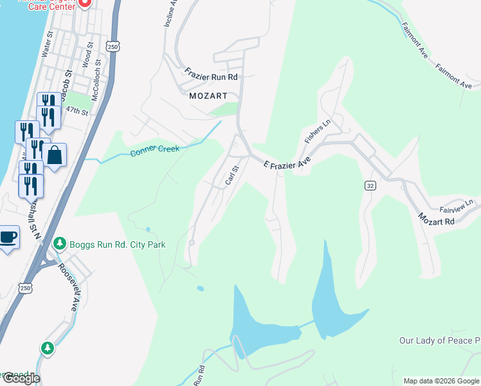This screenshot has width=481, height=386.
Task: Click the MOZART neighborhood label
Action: pyautogui.click(x=208, y=96)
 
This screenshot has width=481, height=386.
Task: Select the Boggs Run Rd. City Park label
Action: pyautogui.click(x=118, y=244)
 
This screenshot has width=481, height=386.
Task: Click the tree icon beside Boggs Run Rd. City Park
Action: pyautogui.click(x=60, y=244)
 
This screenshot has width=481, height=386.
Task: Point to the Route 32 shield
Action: pyautogui.click(x=370, y=185)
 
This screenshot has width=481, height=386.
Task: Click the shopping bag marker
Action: pyautogui.click(x=54, y=155)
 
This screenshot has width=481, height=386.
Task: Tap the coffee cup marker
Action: pyautogui.click(x=8, y=237)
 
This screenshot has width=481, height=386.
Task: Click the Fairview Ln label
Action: pyautogui.click(x=456, y=205)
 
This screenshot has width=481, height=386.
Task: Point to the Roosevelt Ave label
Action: pyautogui.click(x=68, y=287)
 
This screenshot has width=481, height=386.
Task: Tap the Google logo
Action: pyautogui.click(x=21, y=378)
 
